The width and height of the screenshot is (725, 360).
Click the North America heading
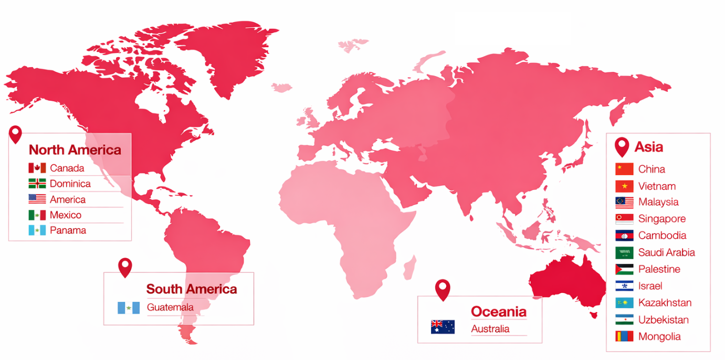75,150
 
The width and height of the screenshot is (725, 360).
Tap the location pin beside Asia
622,146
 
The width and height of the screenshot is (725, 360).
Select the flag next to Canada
37,168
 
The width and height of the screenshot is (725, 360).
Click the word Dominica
70,184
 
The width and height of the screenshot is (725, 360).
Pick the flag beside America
37,199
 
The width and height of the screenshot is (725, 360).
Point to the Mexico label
66,215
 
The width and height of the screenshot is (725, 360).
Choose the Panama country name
68,230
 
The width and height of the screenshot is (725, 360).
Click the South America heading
191,289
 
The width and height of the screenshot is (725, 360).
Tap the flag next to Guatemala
129,308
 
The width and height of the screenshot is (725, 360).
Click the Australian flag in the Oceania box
443,327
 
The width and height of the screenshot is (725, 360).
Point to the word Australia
490,329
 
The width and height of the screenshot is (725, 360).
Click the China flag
624,169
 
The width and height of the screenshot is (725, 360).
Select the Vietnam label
657,186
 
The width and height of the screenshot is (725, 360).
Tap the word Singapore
661,219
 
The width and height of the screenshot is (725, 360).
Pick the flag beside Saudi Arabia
624,252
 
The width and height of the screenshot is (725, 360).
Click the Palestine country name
659,269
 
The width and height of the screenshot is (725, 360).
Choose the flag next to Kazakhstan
624,303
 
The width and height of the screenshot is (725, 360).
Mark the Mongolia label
659,337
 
